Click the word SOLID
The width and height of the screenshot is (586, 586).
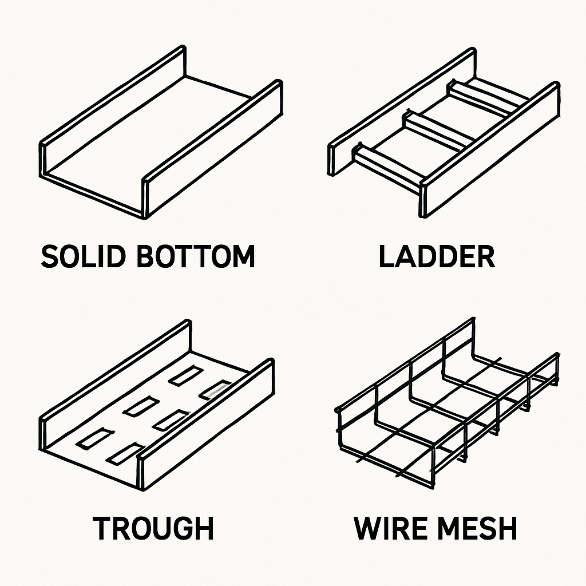(x=84, y=257)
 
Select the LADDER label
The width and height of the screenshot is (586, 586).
(x=437, y=257)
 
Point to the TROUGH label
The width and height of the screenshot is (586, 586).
(x=153, y=528)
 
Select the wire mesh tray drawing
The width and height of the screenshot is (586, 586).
(x=446, y=401)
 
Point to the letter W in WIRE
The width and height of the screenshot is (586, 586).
(x=369, y=528)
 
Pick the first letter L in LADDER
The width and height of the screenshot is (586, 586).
(x=387, y=257)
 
